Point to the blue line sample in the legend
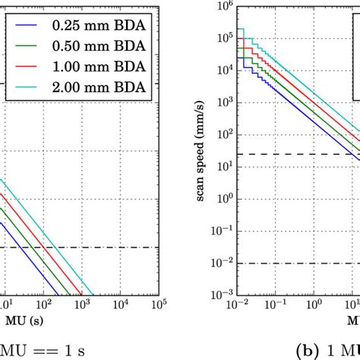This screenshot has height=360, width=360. pyautogui.click(x=28, y=24)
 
